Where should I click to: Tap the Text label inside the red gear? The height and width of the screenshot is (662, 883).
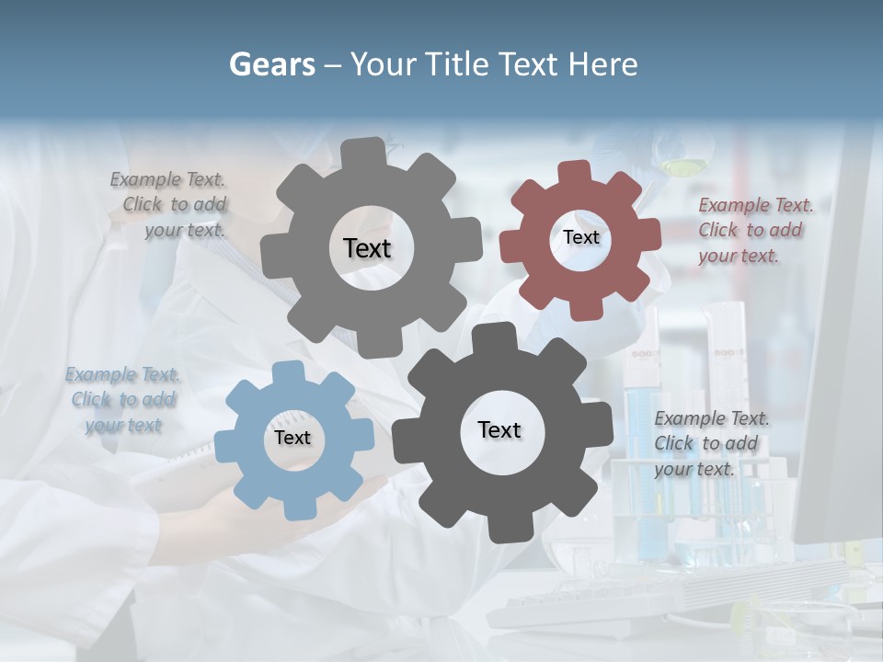pyautogui.click(x=580, y=237)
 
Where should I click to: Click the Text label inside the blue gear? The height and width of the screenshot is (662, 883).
pyautogui.click(x=292, y=438)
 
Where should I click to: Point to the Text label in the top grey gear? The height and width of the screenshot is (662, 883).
pyautogui.click(x=367, y=248)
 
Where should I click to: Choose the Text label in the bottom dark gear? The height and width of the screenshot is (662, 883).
pyautogui.click(x=499, y=429)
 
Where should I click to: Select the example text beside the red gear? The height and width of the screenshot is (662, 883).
pyautogui.click(x=755, y=230)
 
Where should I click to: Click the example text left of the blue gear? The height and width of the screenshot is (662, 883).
pyautogui.click(x=123, y=400)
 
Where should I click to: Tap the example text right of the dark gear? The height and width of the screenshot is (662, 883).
pyautogui.click(x=711, y=443)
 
